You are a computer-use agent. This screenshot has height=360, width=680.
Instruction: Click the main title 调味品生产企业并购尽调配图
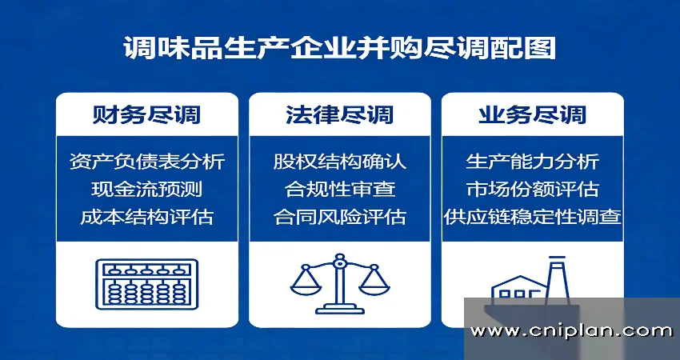pos(339,48)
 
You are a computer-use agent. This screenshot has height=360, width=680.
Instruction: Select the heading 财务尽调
pos(146,114)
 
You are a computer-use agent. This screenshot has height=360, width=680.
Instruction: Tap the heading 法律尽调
pos(339,114)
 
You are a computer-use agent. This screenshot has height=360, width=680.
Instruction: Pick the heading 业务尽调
pos(533,114)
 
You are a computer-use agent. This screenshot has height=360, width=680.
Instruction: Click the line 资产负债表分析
pos(146,162)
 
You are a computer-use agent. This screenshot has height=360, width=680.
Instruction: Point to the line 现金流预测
pos(146,189)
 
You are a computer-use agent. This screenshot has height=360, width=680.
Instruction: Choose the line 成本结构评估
pos(146,216)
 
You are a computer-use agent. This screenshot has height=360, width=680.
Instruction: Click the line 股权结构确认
pos(339,162)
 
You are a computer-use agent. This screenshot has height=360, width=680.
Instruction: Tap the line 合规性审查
pos(339,189)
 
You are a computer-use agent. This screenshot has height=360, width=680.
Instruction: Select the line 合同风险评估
pos(339,216)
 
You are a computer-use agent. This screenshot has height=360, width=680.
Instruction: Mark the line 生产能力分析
pos(533,162)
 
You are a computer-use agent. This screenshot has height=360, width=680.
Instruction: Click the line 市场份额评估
pos(533,189)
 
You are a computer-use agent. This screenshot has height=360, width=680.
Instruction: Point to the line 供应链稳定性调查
pos(533,216)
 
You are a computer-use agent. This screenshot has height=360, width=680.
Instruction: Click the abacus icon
pos(146,285)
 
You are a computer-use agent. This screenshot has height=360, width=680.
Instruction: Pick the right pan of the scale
pos(374,284)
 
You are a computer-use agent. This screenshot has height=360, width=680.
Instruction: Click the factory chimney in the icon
pos(557,276)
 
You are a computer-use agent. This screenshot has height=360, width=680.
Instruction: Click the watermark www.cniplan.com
pos(571,330)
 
